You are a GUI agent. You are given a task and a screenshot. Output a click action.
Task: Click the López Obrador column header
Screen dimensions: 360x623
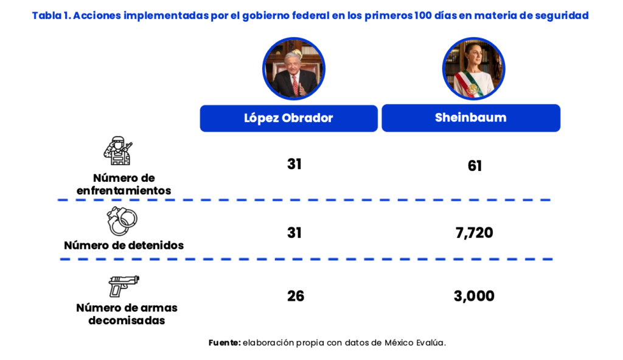coord(288,118)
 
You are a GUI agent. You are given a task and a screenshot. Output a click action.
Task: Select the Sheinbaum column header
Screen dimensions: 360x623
coord(470,118)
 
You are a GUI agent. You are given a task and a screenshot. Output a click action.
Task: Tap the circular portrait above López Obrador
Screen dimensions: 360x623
coord(294,69)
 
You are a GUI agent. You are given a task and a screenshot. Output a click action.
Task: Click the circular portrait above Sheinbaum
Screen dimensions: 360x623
coord(474,69)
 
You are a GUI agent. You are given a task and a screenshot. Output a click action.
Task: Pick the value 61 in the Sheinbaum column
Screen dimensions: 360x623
coord(475,165)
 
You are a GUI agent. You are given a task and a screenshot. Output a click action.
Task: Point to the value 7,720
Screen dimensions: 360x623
coord(473,232)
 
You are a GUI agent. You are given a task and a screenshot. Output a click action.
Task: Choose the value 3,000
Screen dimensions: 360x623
coord(474,296)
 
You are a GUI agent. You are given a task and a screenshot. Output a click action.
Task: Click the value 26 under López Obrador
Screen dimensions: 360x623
coord(295,296)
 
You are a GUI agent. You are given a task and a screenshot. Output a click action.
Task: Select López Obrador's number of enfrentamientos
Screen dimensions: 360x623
coord(294,164)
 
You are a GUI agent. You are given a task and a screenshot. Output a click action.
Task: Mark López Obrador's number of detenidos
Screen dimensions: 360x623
coord(294,232)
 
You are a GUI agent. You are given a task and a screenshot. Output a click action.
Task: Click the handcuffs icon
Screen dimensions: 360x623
coord(122,220)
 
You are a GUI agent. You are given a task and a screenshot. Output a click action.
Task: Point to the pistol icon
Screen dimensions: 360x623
coord(124,285)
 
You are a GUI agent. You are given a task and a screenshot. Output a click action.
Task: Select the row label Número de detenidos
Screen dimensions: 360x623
coord(124,246)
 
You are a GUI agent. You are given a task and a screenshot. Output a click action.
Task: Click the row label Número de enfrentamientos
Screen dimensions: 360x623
coord(124,184)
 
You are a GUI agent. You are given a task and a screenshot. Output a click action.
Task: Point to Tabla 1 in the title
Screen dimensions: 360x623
coord(50,16)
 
